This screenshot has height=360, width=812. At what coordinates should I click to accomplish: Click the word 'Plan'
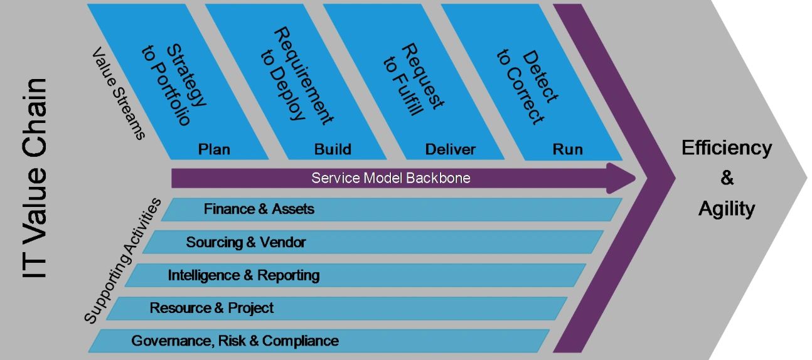[214, 149]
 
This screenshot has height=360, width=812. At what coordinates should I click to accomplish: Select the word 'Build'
[333, 149]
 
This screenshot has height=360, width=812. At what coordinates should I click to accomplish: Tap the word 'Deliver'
[450, 149]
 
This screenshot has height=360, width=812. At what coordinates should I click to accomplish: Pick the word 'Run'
[567, 149]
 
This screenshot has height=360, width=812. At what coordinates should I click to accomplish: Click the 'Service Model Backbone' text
[390, 178]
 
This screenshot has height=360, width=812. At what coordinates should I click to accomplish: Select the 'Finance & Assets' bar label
[259, 209]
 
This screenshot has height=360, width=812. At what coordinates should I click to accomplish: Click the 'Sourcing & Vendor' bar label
[246, 242]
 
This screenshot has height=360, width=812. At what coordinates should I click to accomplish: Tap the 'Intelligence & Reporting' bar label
[243, 275]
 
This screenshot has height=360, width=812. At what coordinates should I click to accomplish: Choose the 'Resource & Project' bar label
[211, 308]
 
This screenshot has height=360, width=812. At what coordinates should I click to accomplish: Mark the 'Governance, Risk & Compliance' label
[235, 341]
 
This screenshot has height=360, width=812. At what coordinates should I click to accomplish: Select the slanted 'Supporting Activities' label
[122, 261]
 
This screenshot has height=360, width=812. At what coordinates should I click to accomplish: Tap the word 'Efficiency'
[726, 148]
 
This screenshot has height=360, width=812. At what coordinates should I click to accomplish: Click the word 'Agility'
[726, 208]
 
